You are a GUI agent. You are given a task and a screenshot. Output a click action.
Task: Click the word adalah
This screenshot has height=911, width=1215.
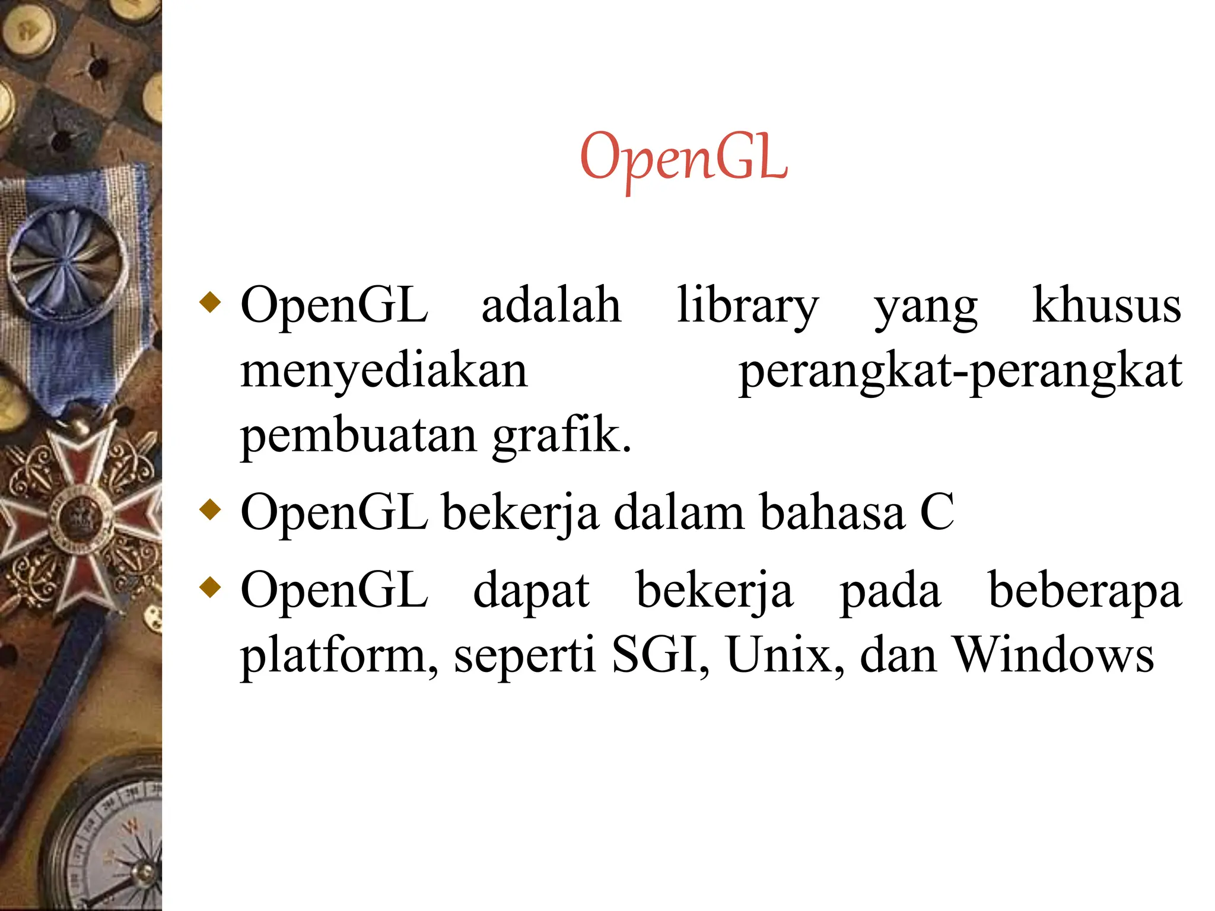coord(551,305)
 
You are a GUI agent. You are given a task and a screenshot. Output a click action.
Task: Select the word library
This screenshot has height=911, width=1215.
coord(748,307)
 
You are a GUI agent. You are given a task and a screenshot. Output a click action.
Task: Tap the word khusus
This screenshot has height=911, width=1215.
coord(1106,305)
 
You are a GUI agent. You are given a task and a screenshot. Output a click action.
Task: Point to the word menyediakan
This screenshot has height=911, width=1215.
coord(384,372)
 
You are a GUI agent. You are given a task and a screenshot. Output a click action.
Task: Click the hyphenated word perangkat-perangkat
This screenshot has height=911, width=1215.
coord(960,372)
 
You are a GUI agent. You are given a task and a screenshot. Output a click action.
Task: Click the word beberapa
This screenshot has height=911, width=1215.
coord(1084,591)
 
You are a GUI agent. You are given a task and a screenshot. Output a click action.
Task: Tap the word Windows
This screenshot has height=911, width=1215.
coord(1053,655)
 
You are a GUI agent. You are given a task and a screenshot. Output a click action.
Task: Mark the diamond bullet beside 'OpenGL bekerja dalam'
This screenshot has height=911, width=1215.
coord(211,509)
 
